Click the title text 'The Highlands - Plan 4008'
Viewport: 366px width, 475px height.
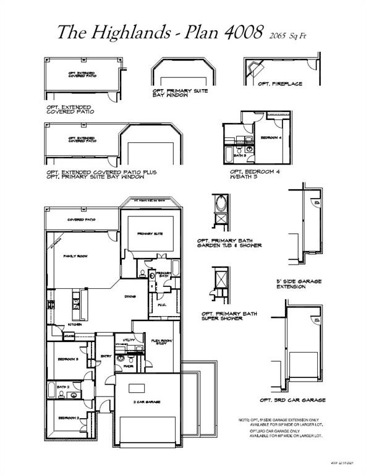pos(161,33)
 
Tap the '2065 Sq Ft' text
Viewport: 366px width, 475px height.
pos(287,36)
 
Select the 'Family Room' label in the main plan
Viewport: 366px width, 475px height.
pos(75,255)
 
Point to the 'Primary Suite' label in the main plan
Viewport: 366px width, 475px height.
pos(150,233)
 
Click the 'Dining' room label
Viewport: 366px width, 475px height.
pos(130,296)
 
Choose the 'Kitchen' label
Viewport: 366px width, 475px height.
pos(75,323)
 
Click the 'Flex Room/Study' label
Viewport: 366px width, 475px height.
pos(161,342)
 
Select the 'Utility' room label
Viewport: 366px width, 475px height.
pos(129,340)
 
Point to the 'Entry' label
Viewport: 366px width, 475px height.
pos(106,356)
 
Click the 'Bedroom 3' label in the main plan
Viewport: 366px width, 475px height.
pos(68,359)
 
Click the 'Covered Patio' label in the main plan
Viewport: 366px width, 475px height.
pos(81,220)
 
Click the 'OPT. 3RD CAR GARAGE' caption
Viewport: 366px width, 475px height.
pos(292,400)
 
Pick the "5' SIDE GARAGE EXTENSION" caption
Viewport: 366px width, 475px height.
pos(299,285)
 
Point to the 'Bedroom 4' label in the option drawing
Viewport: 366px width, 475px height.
pos(271,137)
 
